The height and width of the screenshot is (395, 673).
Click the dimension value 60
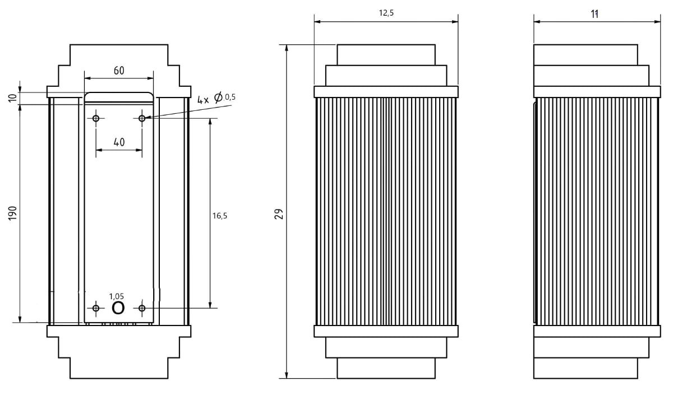point(118,71)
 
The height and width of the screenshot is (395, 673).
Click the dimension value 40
point(118,142)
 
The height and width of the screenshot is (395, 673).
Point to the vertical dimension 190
point(13,213)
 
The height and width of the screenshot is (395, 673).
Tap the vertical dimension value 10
point(13,98)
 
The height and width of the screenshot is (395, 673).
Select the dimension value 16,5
point(220,215)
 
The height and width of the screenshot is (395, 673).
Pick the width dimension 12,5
point(386,14)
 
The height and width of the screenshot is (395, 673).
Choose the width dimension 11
point(594,14)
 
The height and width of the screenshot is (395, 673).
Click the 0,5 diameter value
point(230,97)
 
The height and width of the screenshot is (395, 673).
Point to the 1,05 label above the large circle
point(117,296)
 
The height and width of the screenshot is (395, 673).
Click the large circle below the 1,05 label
point(118,308)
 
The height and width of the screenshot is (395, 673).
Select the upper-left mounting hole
point(96,118)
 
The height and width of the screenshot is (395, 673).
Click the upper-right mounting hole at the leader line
point(142,118)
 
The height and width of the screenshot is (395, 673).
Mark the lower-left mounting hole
point(96,308)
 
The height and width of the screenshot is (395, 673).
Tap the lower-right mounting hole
point(142,308)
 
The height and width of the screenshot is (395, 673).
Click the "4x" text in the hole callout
point(203,100)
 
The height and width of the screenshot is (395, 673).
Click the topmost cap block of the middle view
point(385,55)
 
